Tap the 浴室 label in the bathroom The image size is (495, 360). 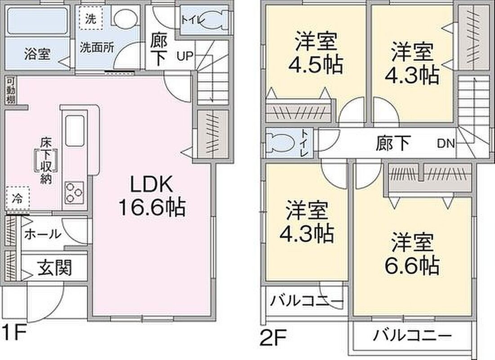37,54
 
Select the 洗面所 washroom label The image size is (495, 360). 97,48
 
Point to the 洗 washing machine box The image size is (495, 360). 91,18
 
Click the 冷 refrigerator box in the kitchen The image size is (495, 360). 18,198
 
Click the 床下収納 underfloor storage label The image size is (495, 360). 46,161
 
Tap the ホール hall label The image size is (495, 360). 43,234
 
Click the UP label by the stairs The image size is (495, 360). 185,56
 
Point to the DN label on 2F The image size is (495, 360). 446,144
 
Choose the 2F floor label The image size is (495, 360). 273,338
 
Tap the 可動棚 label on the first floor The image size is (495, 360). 10,91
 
